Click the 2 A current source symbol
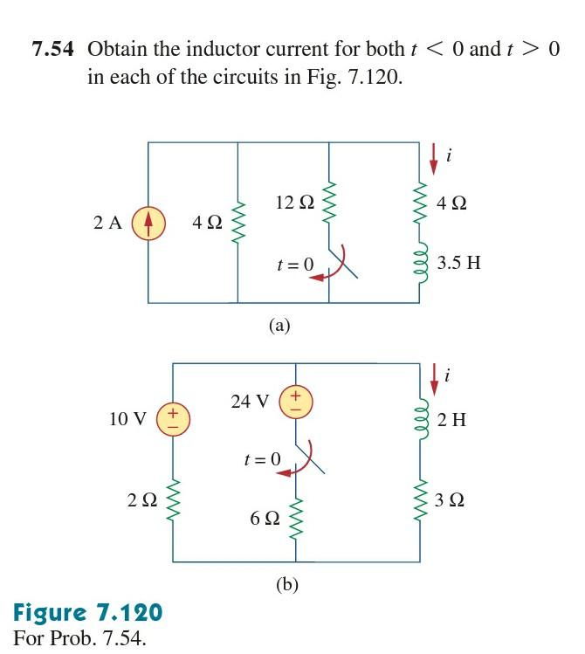(148, 223)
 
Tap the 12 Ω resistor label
(294, 203)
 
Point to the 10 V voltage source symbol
(173, 418)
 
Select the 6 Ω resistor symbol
(295, 518)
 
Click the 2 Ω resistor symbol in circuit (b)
(173, 500)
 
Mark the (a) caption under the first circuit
(279, 326)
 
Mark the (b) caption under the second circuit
(287, 585)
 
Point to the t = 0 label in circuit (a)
(294, 262)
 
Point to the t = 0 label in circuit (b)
(263, 458)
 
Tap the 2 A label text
(108, 223)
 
